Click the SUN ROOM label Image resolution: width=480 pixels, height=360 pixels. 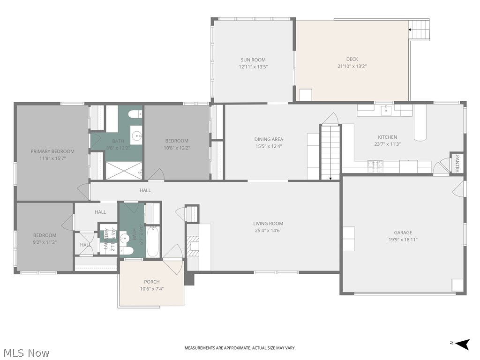(253, 60)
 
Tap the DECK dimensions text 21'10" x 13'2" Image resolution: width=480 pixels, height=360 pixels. (352, 66)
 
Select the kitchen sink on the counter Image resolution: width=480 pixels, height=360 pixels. (386, 110)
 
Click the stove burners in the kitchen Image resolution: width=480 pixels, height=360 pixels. (375, 164)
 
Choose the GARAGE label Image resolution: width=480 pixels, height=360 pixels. (403, 232)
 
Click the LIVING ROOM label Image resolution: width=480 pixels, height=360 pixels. (268, 224)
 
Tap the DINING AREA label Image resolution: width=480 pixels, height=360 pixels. (269, 139)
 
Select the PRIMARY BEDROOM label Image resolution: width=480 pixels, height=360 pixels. (52, 151)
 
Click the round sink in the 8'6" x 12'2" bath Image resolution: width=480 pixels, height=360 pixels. (136, 136)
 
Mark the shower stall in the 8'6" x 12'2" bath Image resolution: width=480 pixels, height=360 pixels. (123, 171)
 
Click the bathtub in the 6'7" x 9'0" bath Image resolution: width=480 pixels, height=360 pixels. (153, 241)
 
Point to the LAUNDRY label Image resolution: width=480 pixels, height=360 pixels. (106, 234)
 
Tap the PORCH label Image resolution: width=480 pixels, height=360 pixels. (152, 282)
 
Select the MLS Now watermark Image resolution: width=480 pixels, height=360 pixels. (26, 352)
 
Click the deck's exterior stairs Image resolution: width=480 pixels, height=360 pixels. (420, 30)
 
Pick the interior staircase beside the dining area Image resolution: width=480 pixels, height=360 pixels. (330, 151)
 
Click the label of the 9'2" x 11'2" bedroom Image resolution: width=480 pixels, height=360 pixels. (45, 235)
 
